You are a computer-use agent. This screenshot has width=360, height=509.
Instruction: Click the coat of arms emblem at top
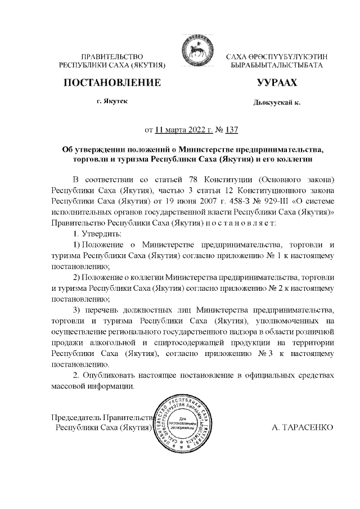coord(193,52)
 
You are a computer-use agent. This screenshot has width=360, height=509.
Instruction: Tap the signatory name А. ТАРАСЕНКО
coord(302,427)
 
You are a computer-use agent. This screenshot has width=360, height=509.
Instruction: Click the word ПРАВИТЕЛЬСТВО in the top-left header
coord(112,57)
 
